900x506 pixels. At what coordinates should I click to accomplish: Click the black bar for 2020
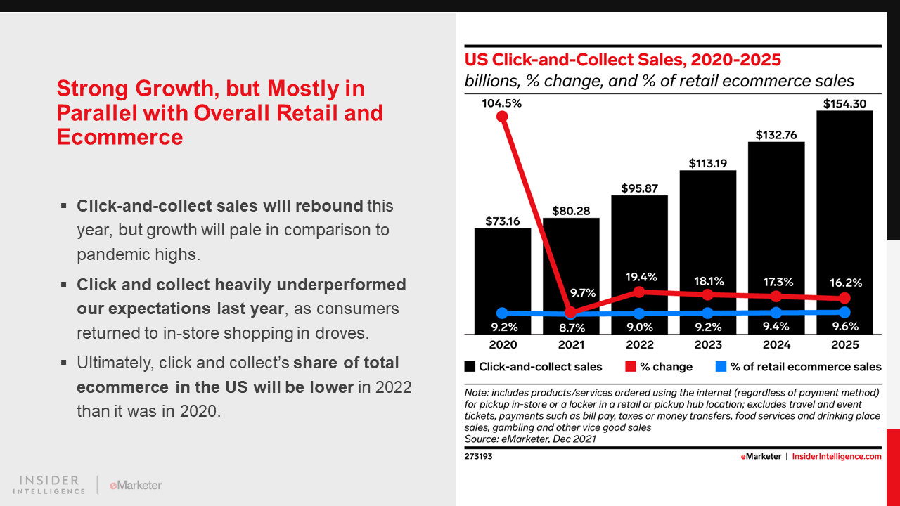click(502, 274)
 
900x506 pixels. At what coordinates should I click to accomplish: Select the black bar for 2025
click(844, 211)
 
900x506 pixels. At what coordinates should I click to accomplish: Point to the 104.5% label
click(502, 104)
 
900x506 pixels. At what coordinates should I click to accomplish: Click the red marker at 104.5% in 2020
click(502, 117)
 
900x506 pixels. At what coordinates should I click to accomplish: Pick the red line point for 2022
click(639, 291)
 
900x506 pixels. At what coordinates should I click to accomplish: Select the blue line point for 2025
click(844, 311)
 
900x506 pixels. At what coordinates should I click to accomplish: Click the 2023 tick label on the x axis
click(708, 344)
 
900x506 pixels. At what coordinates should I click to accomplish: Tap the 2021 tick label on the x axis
click(571, 344)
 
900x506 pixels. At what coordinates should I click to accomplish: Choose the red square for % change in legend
click(630, 367)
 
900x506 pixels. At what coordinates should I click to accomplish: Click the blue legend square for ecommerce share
click(721, 367)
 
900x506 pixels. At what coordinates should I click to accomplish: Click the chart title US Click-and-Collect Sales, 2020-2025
click(622, 60)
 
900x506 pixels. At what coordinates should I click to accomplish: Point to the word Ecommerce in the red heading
click(120, 136)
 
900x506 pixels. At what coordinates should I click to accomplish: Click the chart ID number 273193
click(478, 456)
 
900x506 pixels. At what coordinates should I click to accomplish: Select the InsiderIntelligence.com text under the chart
click(837, 456)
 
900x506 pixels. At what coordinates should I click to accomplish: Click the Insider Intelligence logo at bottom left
click(49, 485)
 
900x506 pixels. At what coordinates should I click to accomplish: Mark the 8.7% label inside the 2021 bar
click(571, 327)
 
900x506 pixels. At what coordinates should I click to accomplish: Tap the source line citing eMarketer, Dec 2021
click(530, 439)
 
